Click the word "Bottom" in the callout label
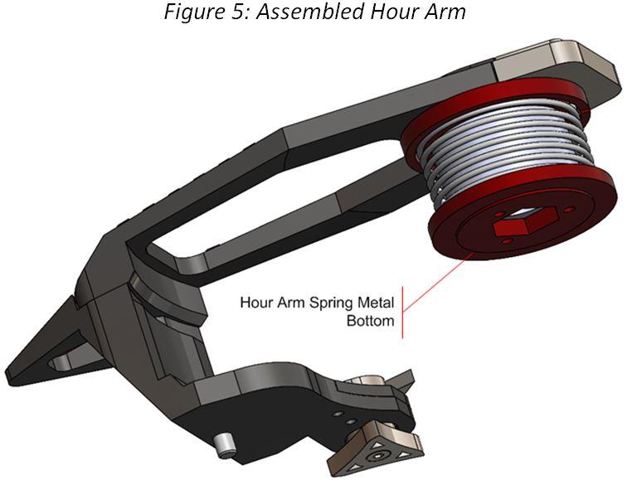tap(369, 320)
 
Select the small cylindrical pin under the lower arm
tap(223, 446)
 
